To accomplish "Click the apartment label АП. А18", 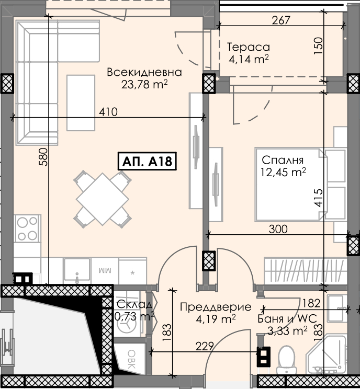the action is pos(147,161).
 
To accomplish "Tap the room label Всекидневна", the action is pos(144,72).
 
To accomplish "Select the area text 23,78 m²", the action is pos(144,84).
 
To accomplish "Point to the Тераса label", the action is pos(248,47).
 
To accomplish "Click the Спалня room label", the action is pos(283,161).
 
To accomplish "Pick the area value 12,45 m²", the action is pos(283,172).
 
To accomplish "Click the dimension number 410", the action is pos(108,112).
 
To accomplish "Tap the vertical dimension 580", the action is pos(43,157).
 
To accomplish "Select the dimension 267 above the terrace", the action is pos(281,20).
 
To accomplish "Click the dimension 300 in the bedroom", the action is pos(278,229).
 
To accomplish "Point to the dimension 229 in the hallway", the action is pos(205,346).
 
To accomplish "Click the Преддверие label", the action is pos(216,307).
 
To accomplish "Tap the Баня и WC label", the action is pos(287,318).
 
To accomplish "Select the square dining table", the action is pos(103,199).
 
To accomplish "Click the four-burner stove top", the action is pos(27,228).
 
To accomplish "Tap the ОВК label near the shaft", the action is pos(131,359).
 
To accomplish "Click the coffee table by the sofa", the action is pos(81,103).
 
